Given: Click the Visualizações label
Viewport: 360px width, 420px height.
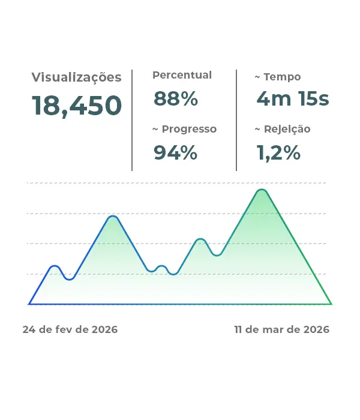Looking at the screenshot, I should [x=76, y=77].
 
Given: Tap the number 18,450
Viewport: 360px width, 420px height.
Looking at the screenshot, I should [x=77, y=106].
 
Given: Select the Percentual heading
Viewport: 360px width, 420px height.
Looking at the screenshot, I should [x=182, y=75].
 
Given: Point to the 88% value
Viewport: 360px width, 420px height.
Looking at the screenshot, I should [x=176, y=98].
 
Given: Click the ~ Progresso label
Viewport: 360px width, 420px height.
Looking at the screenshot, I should [x=184, y=129].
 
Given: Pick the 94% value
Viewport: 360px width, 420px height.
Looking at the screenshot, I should [x=176, y=153].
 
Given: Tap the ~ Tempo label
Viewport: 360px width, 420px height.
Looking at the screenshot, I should [x=278, y=77].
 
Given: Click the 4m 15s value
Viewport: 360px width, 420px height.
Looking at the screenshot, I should [x=292, y=98].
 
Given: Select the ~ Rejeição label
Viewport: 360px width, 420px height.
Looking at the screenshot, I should [x=283, y=129].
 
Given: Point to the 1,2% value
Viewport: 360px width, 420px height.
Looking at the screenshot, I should [x=278, y=153].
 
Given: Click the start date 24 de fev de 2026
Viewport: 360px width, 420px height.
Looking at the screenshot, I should [x=70, y=330].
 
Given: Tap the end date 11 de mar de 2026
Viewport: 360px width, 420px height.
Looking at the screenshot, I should [x=282, y=330].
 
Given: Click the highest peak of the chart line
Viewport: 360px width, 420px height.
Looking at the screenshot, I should [x=262, y=190].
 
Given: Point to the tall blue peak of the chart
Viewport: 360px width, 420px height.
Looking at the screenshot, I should [x=112, y=216].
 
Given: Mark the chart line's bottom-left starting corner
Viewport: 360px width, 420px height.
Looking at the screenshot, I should [x=29, y=304].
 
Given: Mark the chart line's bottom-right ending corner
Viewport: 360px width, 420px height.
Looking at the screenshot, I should [x=331, y=304].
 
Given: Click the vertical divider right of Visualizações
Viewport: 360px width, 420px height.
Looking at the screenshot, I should [x=132, y=120].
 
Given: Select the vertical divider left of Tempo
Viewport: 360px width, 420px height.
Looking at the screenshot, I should [x=236, y=120].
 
